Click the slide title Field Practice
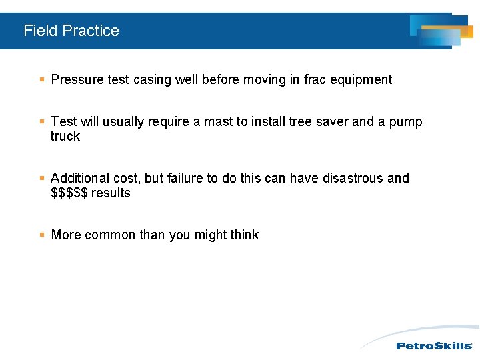(71, 31)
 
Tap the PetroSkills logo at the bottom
(434, 345)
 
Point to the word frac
(315, 80)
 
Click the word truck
(65, 136)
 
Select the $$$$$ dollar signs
(69, 193)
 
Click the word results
(111, 193)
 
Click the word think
(243, 235)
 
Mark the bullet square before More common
(42, 235)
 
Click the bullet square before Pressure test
(42, 80)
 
